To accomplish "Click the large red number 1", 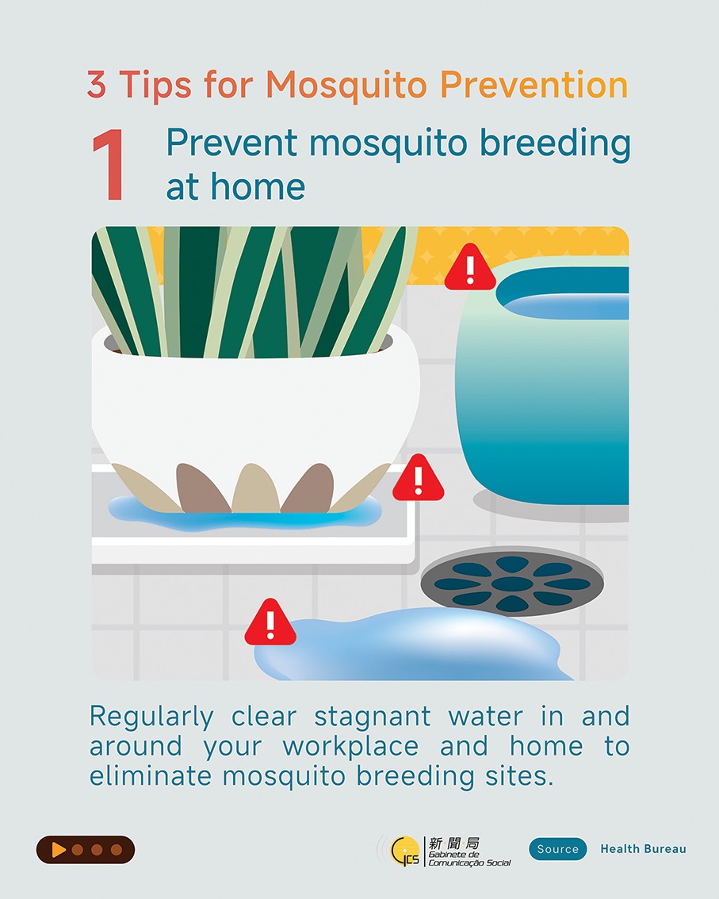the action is pyautogui.click(x=109, y=165).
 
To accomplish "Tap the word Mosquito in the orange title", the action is pyautogui.click(x=346, y=86).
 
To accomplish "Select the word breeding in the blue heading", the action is pyautogui.click(x=554, y=144).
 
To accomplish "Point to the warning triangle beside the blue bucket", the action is pyautogui.click(x=469, y=268).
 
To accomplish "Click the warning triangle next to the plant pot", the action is pyautogui.click(x=418, y=479).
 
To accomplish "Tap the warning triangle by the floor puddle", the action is pyautogui.click(x=270, y=623).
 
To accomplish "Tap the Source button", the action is pyautogui.click(x=558, y=849).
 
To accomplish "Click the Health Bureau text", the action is pyautogui.click(x=644, y=849).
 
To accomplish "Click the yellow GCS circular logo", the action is pyautogui.click(x=405, y=851).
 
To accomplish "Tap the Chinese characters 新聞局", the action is pyautogui.click(x=453, y=843).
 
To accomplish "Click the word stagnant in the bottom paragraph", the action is pyautogui.click(x=372, y=717).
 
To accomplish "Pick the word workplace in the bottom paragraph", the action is pyautogui.click(x=350, y=747).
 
